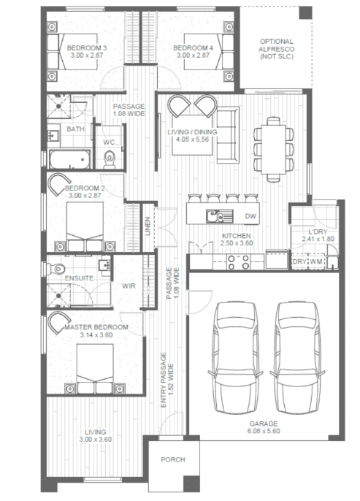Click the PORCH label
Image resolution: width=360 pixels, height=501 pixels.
tap(173, 459)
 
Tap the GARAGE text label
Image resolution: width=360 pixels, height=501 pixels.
tap(263, 424)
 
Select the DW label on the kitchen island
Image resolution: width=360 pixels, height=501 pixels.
tap(250, 216)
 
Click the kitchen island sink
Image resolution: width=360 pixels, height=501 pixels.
tap(219, 216)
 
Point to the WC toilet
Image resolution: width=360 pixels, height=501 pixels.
tap(110, 159)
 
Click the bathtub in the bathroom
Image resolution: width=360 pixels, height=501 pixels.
tap(70, 159)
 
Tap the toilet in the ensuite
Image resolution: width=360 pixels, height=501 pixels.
tap(55, 269)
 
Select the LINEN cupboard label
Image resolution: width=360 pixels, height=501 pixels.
tap(148, 226)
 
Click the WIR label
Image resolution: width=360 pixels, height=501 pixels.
tap(129, 286)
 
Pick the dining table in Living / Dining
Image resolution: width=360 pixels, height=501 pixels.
tap(273, 150)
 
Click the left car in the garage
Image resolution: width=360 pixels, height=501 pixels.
tap(235, 357)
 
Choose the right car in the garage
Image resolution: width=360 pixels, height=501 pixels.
tap(297, 357)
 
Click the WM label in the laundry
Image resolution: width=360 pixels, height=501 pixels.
tap(316, 261)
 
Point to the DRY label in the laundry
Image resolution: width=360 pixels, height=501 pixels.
tap(299, 261)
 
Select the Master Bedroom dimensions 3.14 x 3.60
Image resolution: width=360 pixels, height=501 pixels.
tap(96, 335)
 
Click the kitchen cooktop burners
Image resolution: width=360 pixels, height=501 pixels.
tap(238, 262)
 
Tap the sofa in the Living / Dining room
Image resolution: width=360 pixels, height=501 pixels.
tap(228, 135)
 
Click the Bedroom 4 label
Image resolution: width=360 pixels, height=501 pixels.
tap(194, 48)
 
